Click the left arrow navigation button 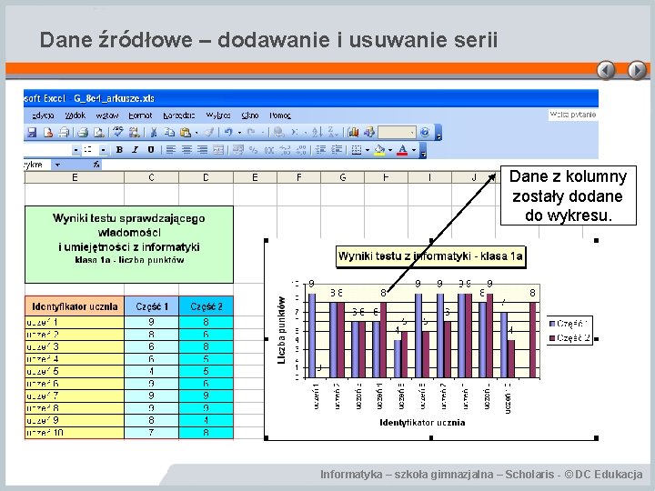607,71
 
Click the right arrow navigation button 638,71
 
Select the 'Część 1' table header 152,307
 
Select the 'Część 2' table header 207,307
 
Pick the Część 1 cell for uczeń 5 152,371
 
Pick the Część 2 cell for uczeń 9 207,420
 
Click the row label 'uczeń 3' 45,346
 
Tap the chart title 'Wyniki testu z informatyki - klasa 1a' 431,256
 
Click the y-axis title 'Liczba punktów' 282,331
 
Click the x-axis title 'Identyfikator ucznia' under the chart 422,422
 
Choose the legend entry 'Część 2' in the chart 570,338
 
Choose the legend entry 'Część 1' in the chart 570,323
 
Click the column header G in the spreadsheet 343,177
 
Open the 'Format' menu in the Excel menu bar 140,115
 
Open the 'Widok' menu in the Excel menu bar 76,115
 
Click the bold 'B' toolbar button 119,149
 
